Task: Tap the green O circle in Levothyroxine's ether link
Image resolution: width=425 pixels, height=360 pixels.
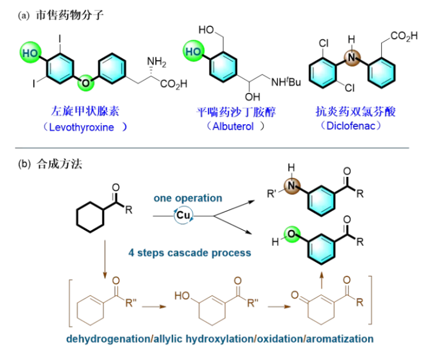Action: point(85,83)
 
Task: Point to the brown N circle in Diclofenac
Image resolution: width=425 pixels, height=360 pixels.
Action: point(352,57)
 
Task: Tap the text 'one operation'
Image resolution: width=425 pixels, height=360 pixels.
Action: point(188,198)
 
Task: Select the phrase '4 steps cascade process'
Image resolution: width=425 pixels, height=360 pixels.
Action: point(190,253)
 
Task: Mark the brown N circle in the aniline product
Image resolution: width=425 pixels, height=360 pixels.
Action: point(290,187)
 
